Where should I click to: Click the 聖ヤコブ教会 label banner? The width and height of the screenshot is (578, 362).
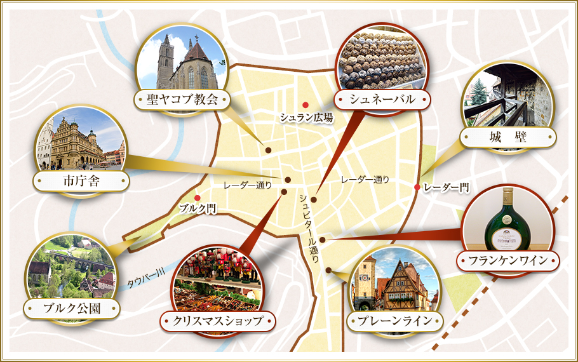pyautogui.click(x=182, y=100)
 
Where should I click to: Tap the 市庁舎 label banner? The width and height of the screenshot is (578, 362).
pyautogui.click(x=81, y=182)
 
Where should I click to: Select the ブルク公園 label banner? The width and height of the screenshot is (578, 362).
pyautogui.click(x=71, y=309)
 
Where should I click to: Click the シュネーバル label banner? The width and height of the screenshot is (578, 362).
pyautogui.click(x=382, y=99)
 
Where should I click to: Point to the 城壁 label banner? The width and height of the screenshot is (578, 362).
pyautogui.click(x=508, y=137)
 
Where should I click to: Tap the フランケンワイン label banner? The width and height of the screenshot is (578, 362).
pyautogui.click(x=507, y=260)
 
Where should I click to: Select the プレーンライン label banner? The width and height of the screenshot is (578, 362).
pyautogui.click(x=395, y=321)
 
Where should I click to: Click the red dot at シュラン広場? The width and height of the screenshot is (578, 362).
pyautogui.click(x=306, y=105)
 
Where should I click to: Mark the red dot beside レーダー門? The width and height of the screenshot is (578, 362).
pyautogui.click(x=417, y=187)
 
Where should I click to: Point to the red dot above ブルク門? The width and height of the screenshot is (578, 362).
pyautogui.click(x=198, y=198)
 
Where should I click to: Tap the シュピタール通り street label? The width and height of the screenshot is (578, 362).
pyautogui.click(x=309, y=225)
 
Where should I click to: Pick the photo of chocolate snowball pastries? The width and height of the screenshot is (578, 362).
pyautogui.click(x=379, y=60)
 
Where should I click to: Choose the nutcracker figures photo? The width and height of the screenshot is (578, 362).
pyautogui.click(x=217, y=279)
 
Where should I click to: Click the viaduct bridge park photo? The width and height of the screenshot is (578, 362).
pyautogui.click(x=71, y=267)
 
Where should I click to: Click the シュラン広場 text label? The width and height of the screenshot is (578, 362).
pyautogui.click(x=307, y=117)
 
